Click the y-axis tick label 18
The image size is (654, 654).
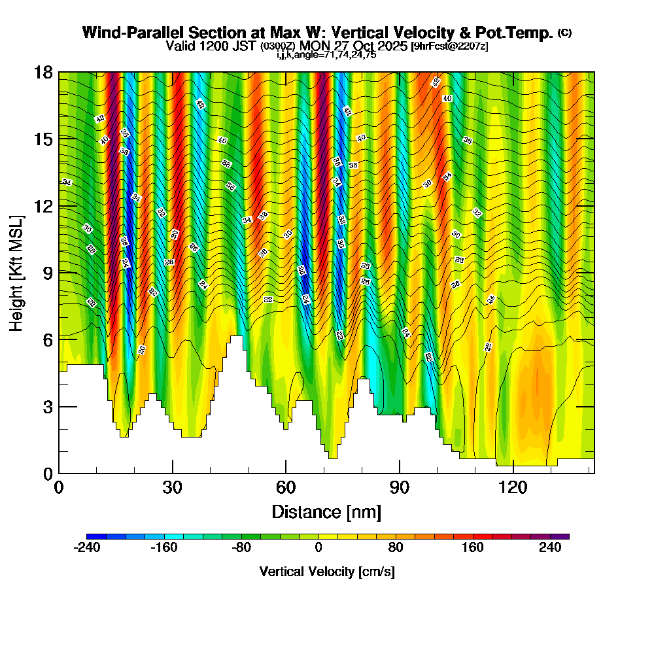pyautogui.click(x=43, y=72)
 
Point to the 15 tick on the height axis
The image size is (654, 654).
pyautogui.click(x=43, y=139)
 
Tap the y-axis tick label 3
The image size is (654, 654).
pyautogui.click(x=48, y=407)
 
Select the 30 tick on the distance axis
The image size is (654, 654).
pyautogui.click(x=173, y=487)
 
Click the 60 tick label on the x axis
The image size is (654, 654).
pyautogui.click(x=286, y=487)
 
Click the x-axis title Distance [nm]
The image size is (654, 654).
pyautogui.click(x=326, y=511)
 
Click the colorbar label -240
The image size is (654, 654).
pyautogui.click(x=86, y=548)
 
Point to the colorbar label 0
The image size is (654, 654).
pyautogui.click(x=318, y=548)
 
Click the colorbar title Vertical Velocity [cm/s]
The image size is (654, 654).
pyautogui.click(x=327, y=572)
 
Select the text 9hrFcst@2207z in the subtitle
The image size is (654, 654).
pyautogui.click(x=449, y=46)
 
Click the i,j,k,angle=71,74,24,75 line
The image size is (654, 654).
pyautogui.click(x=326, y=55)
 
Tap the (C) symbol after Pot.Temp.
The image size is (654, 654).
pyautogui.click(x=565, y=33)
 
